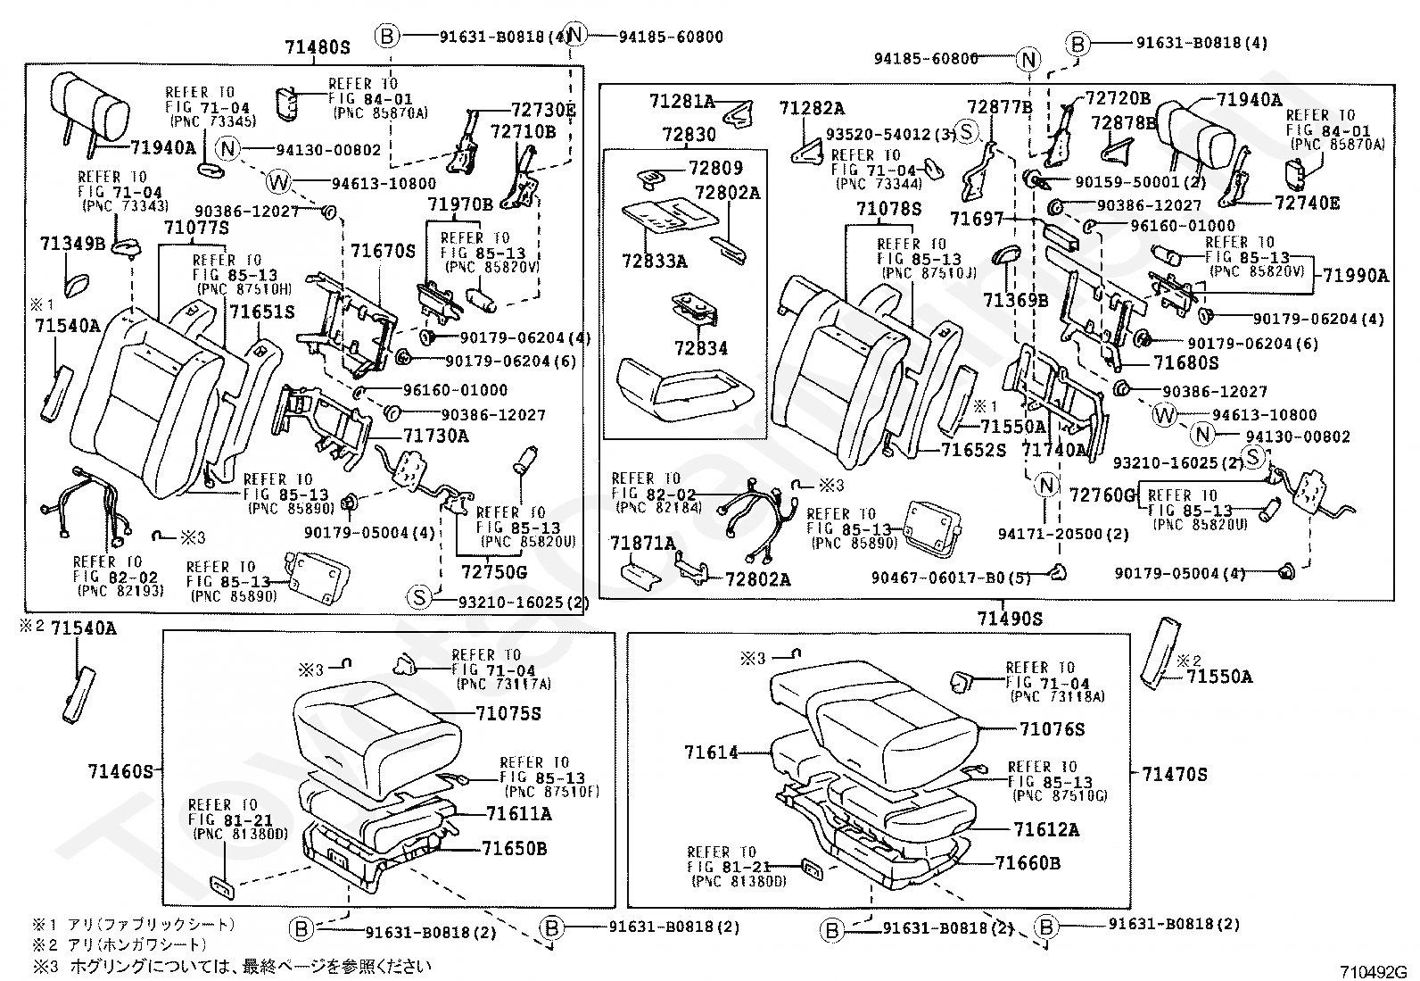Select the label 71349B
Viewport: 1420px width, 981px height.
[x=72, y=243]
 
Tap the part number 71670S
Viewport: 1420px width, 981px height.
[x=383, y=252]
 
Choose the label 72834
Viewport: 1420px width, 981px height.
[x=701, y=347]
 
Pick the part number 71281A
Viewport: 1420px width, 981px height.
[x=681, y=102]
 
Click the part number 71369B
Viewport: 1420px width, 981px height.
[x=1016, y=300]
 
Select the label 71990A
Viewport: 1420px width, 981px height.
[x=1355, y=276]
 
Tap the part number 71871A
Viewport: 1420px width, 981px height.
[x=642, y=543]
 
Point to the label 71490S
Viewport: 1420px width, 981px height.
[x=1009, y=618]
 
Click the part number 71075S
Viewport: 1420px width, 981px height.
[x=508, y=713]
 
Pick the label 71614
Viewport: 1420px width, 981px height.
[x=712, y=752]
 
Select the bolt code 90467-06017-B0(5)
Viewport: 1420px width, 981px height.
[x=950, y=578]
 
